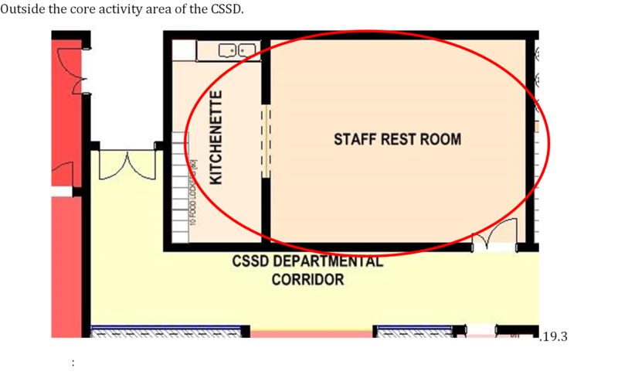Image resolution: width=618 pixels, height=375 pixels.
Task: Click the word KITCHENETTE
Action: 217,137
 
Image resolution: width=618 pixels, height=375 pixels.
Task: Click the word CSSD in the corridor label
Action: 250,261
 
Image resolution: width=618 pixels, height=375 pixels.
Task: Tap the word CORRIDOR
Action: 307,280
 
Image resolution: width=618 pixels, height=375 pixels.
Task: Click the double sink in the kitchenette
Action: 237,50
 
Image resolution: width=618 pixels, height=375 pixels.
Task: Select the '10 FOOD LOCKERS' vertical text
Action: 195,198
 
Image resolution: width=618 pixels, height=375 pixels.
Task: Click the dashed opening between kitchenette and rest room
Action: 266,140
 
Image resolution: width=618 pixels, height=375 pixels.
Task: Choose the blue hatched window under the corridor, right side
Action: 414,332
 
